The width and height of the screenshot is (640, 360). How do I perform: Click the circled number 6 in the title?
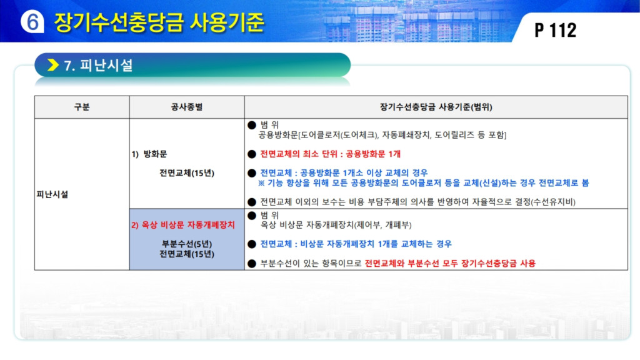[32, 21]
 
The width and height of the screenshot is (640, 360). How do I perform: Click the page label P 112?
[556, 30]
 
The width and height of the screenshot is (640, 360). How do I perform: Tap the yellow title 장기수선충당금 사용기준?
[159, 22]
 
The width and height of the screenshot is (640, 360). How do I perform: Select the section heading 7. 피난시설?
[98, 65]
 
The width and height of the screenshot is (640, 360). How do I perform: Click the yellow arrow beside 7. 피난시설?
[53, 65]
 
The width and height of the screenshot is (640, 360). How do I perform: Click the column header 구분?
[82, 107]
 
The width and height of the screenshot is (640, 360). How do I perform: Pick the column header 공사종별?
[186, 107]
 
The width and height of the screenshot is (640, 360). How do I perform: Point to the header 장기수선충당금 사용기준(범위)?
[436, 107]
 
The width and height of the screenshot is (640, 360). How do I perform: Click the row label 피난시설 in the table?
[52, 194]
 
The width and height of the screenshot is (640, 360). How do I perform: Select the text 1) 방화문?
[149, 154]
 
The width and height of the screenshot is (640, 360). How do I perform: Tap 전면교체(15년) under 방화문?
[186, 173]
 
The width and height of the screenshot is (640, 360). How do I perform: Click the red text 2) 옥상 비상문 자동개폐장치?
[183, 225]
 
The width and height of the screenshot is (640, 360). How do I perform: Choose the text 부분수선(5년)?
[186, 244]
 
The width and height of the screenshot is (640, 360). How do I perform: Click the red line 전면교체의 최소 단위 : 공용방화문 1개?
[330, 154]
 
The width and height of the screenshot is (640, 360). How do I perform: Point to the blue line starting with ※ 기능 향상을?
[423, 183]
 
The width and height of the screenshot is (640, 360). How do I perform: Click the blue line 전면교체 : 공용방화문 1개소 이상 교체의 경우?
[344, 173]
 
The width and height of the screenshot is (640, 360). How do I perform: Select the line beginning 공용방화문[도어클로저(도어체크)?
[382, 135]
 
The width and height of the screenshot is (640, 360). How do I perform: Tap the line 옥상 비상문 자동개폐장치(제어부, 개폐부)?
[336, 225]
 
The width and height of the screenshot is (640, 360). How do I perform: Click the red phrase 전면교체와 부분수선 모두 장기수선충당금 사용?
[450, 263]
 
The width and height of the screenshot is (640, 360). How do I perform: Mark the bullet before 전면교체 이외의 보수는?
[252, 202]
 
